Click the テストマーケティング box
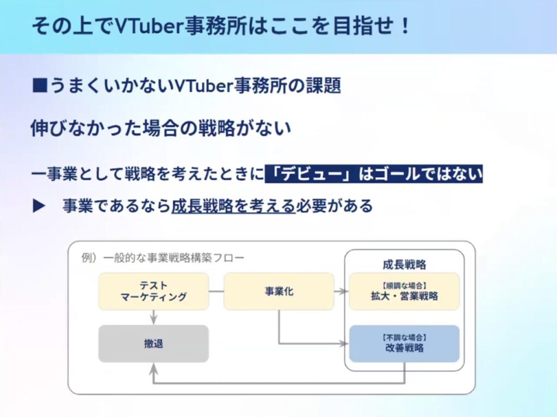tap(153, 291)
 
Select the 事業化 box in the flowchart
tap(279, 291)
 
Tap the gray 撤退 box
tap(153, 344)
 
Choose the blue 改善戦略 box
tap(404, 344)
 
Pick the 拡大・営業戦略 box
tap(404, 291)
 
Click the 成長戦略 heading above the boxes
tap(404, 265)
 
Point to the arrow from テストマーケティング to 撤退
tap(153, 317)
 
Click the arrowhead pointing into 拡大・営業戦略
tap(344, 291)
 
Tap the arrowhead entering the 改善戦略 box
tap(344, 344)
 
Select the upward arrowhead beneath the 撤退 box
tap(153, 368)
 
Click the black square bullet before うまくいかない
tap(39, 85)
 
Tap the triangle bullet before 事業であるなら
tap(39, 206)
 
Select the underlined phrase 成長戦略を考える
tap(233, 206)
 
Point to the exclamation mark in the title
tap(405, 26)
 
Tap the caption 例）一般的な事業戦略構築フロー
tap(163, 257)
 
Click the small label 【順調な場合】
tap(404, 285)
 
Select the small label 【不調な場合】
tap(404, 338)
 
